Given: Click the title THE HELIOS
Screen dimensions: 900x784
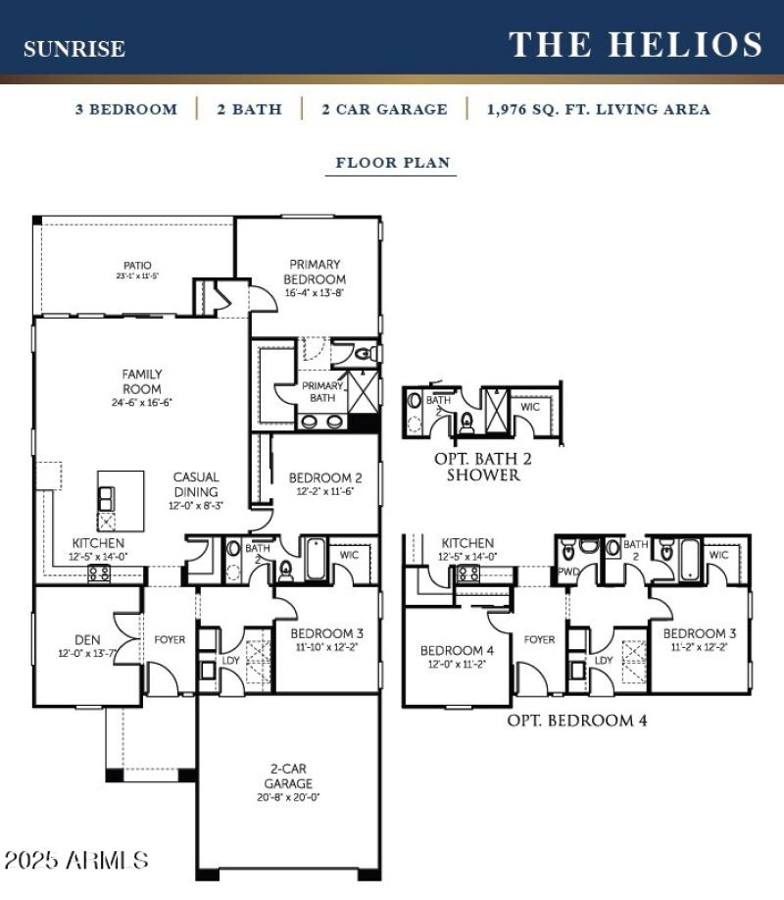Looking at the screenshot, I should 635,45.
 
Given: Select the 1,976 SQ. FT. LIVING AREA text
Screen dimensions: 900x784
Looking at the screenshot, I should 598,109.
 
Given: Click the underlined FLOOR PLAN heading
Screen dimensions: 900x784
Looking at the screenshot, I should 392,163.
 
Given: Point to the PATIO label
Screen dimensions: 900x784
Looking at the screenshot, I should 137,265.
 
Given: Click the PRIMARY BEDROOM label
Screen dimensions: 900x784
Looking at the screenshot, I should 315,272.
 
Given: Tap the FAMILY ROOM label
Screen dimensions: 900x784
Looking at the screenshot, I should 142,381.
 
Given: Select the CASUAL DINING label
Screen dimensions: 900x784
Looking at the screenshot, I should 196,484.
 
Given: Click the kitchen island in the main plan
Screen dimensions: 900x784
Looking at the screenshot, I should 120,501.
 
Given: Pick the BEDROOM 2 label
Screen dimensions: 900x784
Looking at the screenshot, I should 325,478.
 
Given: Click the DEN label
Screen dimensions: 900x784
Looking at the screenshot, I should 87,640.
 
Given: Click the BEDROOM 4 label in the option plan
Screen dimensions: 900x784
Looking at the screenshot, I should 451,651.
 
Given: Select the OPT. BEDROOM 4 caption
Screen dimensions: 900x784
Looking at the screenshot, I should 576,721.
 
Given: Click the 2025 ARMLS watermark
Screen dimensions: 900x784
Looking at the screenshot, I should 76,861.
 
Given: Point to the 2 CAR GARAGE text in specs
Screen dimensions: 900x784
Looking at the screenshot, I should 384,109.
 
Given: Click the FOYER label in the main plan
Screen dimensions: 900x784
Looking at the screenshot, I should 170,640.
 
